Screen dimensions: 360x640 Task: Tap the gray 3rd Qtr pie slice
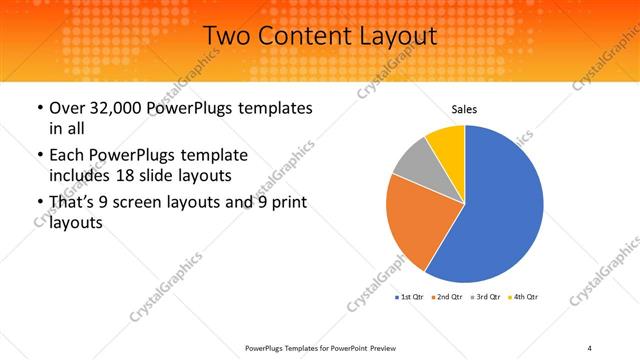(413, 164)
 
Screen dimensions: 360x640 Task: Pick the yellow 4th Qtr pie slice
(447, 146)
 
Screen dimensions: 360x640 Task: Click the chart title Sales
(464, 109)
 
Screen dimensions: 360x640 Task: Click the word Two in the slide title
(226, 37)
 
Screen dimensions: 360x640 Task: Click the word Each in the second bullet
(67, 155)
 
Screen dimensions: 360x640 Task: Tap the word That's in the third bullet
(72, 203)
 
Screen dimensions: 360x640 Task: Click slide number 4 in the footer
(590, 347)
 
